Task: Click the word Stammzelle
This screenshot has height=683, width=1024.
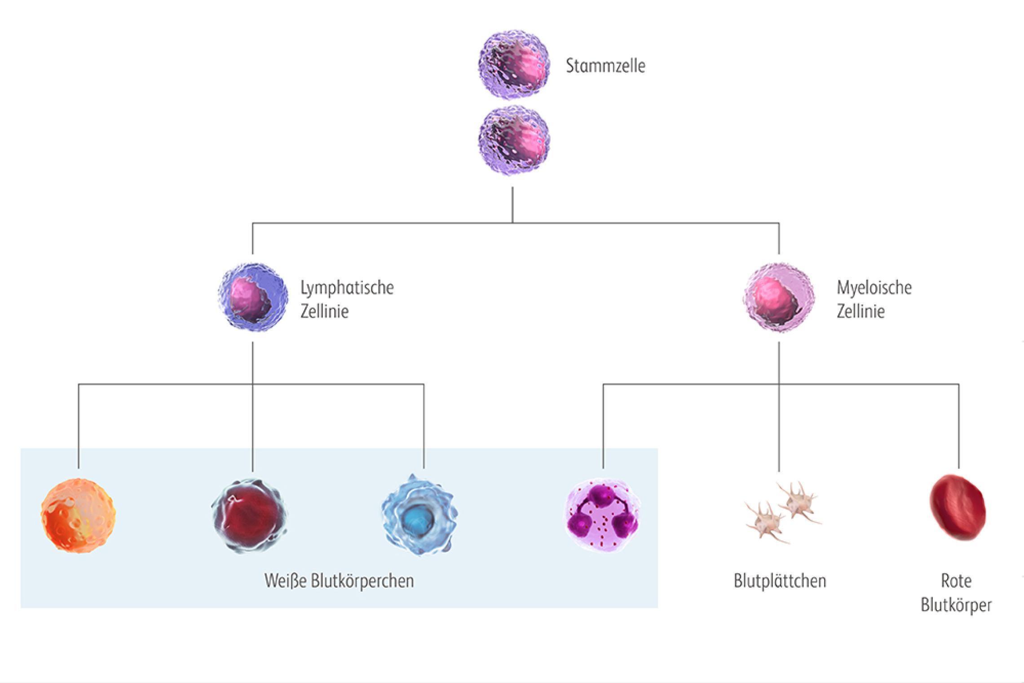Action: coord(605,66)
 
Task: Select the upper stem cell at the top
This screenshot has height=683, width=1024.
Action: coord(514,65)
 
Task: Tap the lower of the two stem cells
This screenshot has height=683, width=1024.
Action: coord(514,141)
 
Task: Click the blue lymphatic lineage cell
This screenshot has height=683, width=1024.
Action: coord(253,297)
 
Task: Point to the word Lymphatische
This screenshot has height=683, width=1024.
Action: coord(347,288)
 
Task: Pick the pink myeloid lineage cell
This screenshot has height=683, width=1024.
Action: coord(778,297)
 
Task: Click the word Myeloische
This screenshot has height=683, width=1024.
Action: coord(874,288)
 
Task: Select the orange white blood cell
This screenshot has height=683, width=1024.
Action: coord(78,515)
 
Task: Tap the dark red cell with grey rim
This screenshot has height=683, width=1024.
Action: coord(250,515)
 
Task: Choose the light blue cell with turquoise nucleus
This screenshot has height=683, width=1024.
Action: coord(419,515)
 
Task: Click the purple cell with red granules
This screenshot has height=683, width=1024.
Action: coord(602,515)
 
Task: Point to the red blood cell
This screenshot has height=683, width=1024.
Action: coord(957,508)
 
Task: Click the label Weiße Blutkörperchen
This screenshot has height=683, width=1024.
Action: coord(339,581)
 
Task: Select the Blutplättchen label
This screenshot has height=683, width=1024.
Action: coord(780,581)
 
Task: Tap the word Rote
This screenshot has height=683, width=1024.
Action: coord(956,581)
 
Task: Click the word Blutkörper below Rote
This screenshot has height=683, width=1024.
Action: coord(956,605)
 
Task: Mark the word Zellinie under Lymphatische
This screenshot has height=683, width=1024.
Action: coord(324,311)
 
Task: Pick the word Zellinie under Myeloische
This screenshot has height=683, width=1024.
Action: coord(861,311)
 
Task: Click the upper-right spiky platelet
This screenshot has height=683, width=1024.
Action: coord(798,501)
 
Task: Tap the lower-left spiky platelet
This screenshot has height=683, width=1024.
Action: coord(765,523)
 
